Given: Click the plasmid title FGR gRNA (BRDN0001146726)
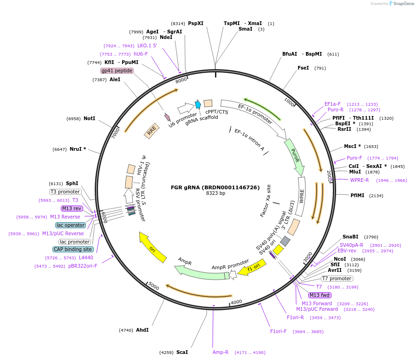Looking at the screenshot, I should coord(215,187).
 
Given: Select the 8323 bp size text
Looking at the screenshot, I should coord(215,193).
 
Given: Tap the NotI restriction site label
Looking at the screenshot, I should coord(89,118).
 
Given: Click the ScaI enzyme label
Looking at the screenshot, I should coord(182,352).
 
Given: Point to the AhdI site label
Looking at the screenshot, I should coord(142,330).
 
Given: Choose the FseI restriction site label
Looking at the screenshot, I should coord(303,68).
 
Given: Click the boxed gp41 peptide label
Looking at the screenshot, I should coord(117,71).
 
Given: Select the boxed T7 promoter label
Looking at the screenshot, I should coord(337,278).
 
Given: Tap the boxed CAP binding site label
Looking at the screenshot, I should coord(73,249).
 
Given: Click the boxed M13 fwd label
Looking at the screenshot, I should coord(319,295).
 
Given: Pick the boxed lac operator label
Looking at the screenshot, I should coord(71,225).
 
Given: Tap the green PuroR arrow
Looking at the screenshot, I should coord(294,156).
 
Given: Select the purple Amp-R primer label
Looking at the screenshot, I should coord(221,352).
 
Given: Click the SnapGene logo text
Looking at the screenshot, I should coord(402,3).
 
